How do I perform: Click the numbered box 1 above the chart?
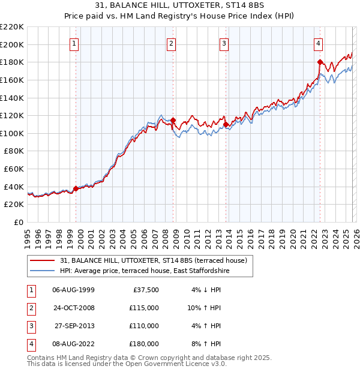[74, 43]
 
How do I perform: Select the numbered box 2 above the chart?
[172, 43]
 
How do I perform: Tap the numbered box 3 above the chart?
[224, 43]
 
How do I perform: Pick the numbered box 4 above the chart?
[318, 43]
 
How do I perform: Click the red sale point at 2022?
[320, 62]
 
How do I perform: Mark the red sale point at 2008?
[173, 120]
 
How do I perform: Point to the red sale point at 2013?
[226, 124]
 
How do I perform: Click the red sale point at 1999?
[76, 188]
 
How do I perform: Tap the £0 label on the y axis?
[18, 222]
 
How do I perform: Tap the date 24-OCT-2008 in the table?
[73, 308]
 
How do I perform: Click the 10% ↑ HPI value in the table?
[203, 308]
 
